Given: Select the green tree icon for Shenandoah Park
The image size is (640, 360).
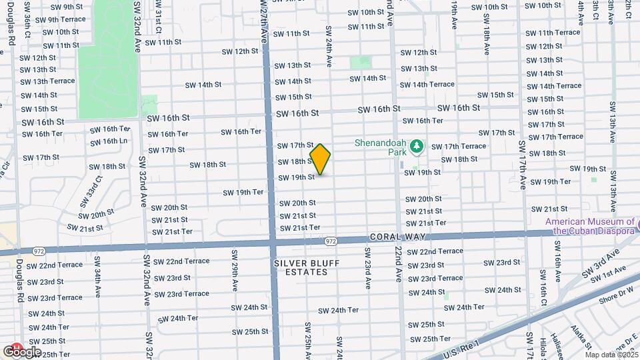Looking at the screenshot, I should pyautogui.click(x=417, y=145).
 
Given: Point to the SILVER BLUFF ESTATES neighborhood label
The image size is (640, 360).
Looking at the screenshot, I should pyautogui.click(x=307, y=267).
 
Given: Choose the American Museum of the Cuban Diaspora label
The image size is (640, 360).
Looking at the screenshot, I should pyautogui.click(x=590, y=227).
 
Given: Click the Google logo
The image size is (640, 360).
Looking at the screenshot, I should pyautogui.click(x=22, y=351).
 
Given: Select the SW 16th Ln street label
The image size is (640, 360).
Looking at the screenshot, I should pyautogui.click(x=109, y=141).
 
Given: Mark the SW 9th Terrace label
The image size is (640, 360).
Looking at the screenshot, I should pyautogui.click(x=60, y=19).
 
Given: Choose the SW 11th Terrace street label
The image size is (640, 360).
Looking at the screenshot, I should pyautogui.click(x=549, y=33).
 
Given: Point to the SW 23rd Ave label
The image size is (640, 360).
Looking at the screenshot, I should pyautogui.click(x=367, y=268).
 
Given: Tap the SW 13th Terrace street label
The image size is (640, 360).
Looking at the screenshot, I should pyautogui.click(x=47, y=81).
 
